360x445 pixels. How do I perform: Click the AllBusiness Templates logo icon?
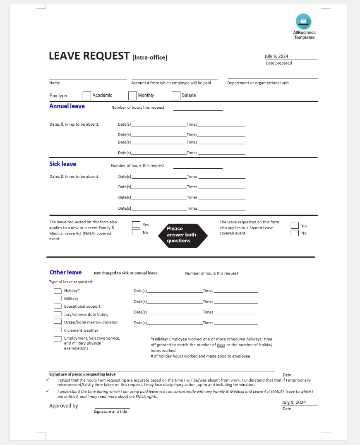point(303,21)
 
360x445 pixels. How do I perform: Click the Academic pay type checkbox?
point(87,96)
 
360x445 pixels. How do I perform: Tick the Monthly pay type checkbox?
point(132,96)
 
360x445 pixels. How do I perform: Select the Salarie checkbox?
point(176,96)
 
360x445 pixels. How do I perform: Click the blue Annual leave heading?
point(67,106)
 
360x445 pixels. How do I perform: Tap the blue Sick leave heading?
point(63,164)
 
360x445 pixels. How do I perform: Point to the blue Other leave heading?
point(66,273)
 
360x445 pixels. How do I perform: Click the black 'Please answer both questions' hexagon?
point(182,235)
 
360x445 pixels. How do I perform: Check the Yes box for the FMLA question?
point(136,225)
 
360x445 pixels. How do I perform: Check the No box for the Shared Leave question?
point(295,233)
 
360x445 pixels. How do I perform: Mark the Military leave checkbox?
point(58,299)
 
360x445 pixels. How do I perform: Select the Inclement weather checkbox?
point(58,330)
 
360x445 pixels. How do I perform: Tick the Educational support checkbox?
point(58,306)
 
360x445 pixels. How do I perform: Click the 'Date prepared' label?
point(278,63)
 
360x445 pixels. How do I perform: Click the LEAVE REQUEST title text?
point(89,56)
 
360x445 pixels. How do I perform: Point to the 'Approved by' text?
point(64,406)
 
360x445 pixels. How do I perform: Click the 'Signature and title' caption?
point(110,412)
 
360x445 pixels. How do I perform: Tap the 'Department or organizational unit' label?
point(258,83)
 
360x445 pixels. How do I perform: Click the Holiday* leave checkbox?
point(58,291)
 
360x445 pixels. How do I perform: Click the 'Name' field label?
point(55,83)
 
